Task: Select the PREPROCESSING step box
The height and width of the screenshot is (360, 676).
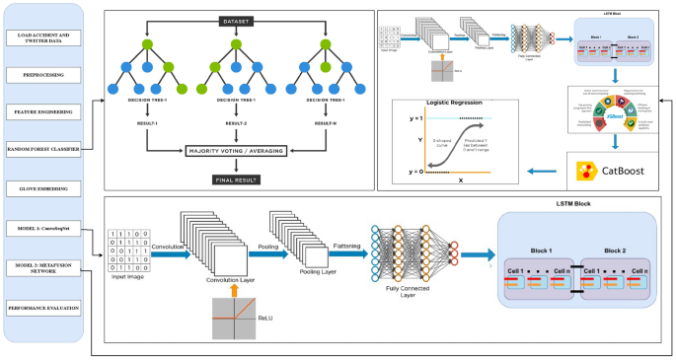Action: click(46, 75)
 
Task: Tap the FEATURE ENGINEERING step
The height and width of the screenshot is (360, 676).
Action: click(46, 111)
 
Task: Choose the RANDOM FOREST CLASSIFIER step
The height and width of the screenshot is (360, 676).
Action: click(46, 149)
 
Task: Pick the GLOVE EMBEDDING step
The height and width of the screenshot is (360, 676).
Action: click(46, 186)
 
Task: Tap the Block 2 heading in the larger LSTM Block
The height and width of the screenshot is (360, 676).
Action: click(614, 251)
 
